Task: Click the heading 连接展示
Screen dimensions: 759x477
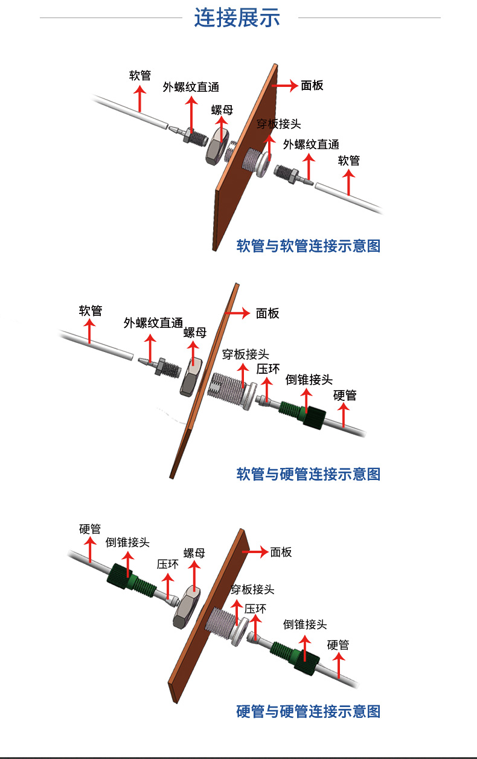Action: [237, 18]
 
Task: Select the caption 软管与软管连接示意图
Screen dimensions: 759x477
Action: [309, 246]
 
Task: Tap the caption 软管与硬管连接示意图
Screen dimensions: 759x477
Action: [309, 474]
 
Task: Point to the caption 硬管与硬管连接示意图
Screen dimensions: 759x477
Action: [309, 711]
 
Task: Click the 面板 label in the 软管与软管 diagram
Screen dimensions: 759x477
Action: [312, 86]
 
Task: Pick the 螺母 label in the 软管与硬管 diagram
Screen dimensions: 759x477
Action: [195, 333]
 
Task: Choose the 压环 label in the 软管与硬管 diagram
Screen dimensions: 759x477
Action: [268, 368]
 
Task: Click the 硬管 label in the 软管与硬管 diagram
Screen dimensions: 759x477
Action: [345, 396]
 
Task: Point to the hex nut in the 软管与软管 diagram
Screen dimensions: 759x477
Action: [216, 147]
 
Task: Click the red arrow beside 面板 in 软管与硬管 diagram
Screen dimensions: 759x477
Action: [237, 313]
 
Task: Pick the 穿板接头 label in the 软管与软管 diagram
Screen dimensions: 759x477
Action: [278, 124]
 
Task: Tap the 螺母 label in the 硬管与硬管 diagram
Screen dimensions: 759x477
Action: [194, 553]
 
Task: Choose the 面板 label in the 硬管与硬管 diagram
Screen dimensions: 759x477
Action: [281, 552]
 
